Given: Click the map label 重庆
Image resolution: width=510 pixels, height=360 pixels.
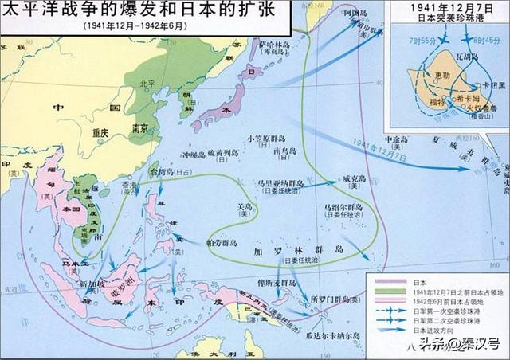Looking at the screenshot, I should click(99, 134).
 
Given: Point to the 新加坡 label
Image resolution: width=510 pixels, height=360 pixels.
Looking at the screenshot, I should click(92, 284).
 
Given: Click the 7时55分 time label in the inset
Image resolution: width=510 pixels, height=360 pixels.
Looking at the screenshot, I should click(417, 37).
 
